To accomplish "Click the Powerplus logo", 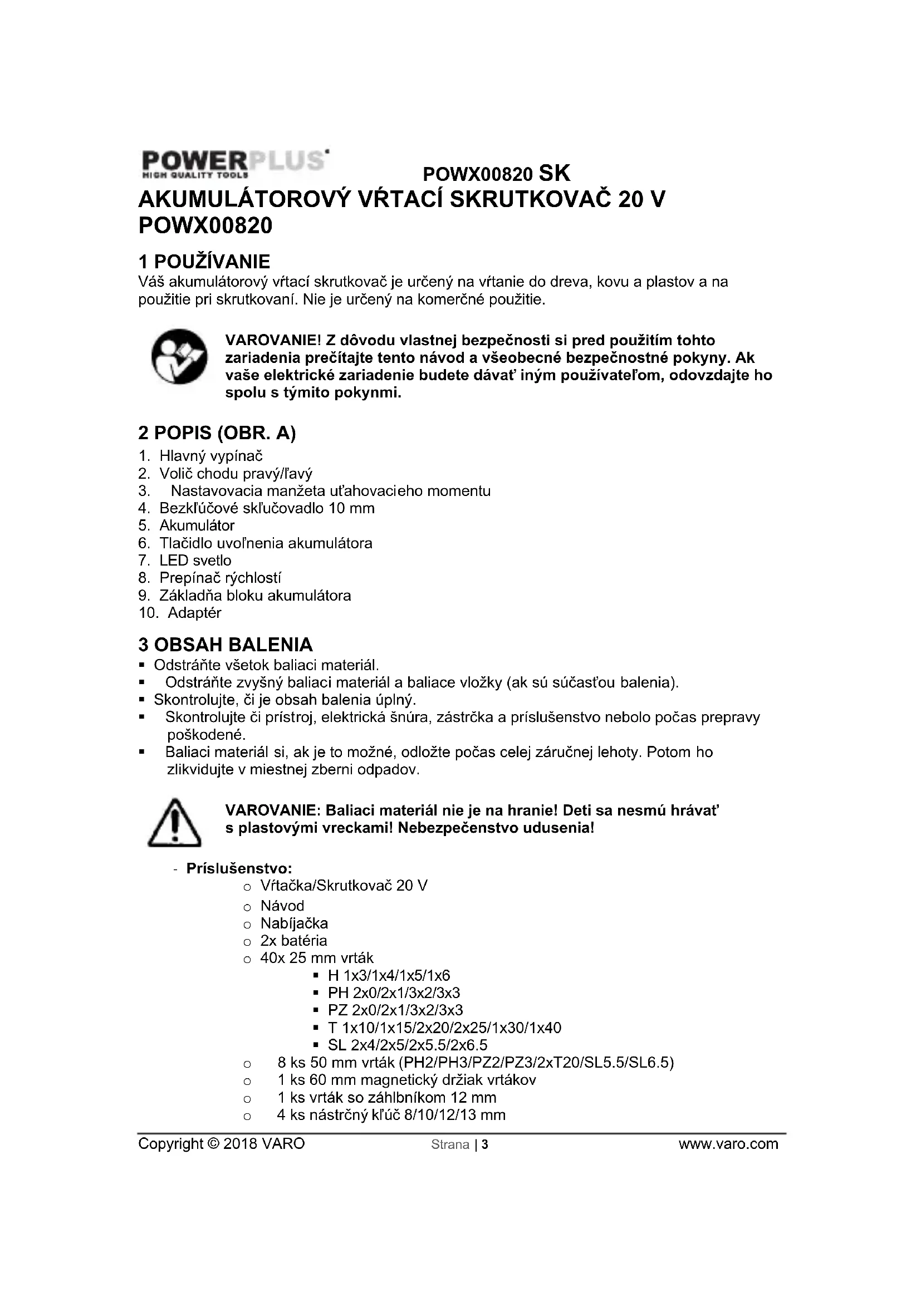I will click(x=234, y=164).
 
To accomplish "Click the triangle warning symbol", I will click(x=175, y=823).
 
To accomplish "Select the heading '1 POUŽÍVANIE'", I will click(x=204, y=262).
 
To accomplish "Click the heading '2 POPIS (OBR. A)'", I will click(x=217, y=433).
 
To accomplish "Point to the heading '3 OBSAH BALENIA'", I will click(x=226, y=645).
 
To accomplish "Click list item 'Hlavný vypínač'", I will click(x=211, y=456).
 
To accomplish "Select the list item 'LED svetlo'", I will click(x=195, y=561).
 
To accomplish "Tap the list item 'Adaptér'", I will click(x=194, y=612).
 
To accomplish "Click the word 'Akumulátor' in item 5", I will click(x=197, y=525).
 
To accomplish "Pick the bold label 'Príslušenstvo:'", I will click(x=239, y=868).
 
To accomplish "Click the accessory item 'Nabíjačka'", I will click(x=294, y=923).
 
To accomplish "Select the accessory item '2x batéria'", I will click(x=294, y=941).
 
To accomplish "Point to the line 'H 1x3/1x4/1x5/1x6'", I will click(x=389, y=976).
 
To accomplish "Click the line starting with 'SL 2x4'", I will click(x=407, y=1045).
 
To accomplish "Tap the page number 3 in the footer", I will click(x=485, y=1144).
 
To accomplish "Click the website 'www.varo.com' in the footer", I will click(x=728, y=1144).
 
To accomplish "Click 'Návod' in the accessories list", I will click(x=282, y=906).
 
